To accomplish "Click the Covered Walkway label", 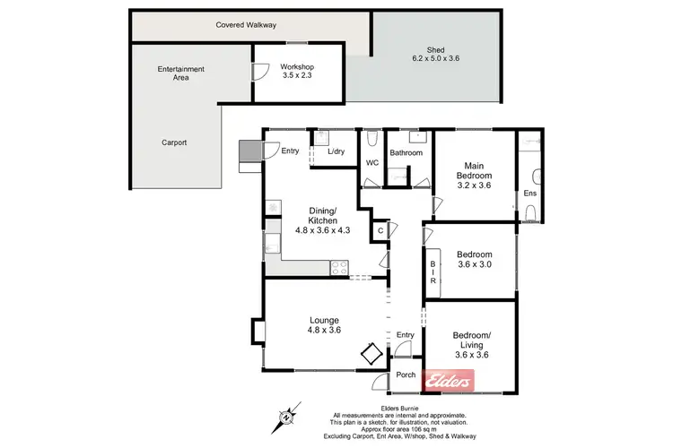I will pos(245,25).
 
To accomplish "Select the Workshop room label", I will pos(297,70).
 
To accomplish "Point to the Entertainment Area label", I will pos(180,73).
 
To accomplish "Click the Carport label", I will pos(174,142).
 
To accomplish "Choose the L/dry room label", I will pos(336,151).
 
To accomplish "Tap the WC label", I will pos(371,162).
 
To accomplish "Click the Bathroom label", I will pos(406,152).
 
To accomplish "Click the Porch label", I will pos(406,375).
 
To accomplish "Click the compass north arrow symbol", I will pos(285,416).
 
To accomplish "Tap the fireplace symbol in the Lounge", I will pos(371,354).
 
